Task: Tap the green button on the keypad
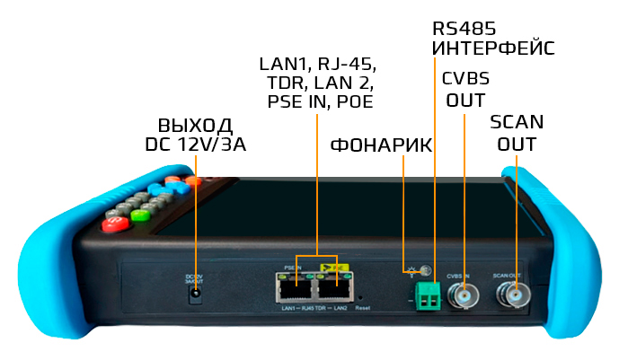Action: click(x=139, y=215)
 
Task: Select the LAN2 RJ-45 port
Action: click(x=336, y=287)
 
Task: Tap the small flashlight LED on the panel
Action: click(x=427, y=269)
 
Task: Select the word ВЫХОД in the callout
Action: click(x=195, y=125)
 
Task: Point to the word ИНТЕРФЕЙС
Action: click(x=492, y=48)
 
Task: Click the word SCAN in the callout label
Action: click(x=517, y=122)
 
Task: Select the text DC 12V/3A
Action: click(x=195, y=145)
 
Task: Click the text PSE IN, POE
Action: click(x=320, y=102)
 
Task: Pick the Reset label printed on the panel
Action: click(x=362, y=308)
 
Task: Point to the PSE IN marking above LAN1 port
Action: click(x=291, y=268)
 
